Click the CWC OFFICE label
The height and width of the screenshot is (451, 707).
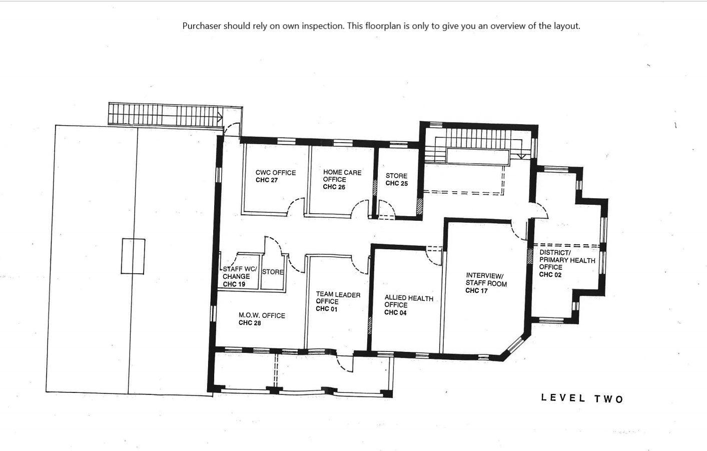pos(276,173)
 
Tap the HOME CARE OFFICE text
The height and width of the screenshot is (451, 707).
pos(342,176)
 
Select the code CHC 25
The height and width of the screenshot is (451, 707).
pos(397,183)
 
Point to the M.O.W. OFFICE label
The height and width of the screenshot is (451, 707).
pos(262,315)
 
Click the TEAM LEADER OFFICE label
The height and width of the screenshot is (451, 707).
pos(338,298)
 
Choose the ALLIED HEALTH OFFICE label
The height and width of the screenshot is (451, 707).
pos(409,301)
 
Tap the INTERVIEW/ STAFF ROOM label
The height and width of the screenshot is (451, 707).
pos(486,279)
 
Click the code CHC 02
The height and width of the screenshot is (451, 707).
pos(550,274)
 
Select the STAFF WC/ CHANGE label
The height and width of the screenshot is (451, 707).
pos(240,273)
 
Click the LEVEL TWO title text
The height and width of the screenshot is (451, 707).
pos(582,398)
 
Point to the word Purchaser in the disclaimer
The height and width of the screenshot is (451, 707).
pos(202,26)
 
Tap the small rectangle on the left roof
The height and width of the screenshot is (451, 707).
pos(133,256)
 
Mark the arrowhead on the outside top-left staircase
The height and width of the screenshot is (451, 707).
pos(220,118)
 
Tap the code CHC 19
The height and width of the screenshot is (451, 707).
pos(234,284)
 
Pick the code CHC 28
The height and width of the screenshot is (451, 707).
pos(250,323)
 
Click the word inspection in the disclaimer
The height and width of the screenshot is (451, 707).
pos(322,26)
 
